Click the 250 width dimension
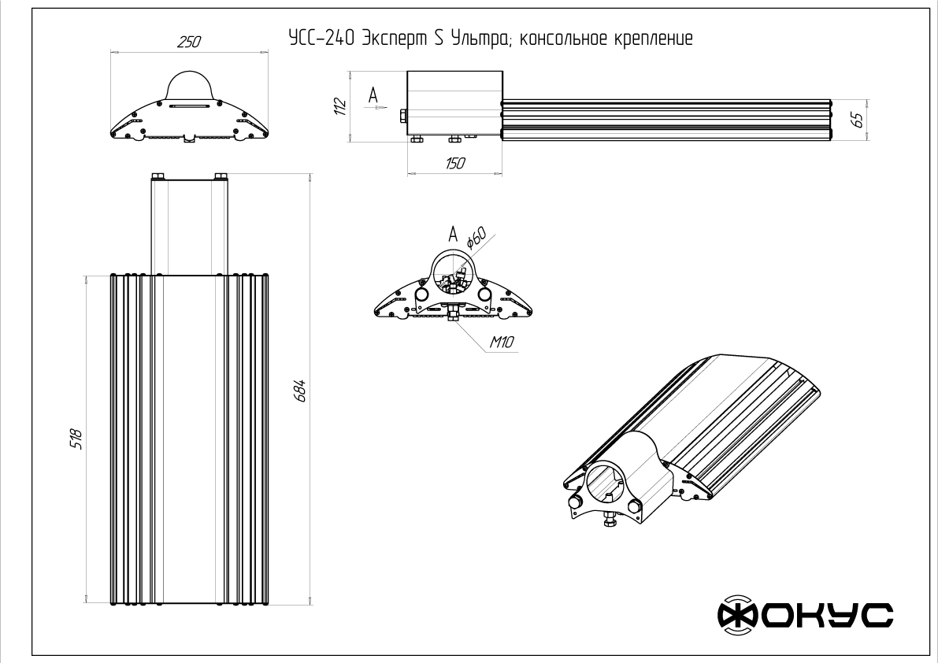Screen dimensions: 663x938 (x=188, y=43)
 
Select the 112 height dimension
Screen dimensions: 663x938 (x=339, y=106)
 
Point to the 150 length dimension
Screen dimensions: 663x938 (x=454, y=163)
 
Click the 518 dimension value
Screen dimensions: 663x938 (x=76, y=438)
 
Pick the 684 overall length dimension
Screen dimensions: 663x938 (x=300, y=391)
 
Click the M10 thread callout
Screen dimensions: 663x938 (x=502, y=343)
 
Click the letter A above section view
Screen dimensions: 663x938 (x=452, y=233)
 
